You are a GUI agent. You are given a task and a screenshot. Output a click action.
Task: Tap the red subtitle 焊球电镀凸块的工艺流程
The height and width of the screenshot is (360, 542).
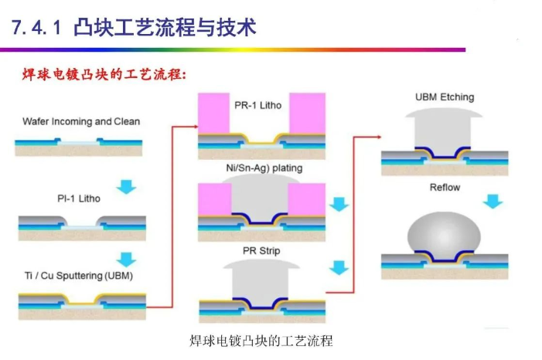tap(104, 75)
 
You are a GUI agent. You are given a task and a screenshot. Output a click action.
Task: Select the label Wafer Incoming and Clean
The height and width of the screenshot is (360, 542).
tap(81, 121)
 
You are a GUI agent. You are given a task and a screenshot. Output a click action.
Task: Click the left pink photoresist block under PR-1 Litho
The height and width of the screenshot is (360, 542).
tap(214, 113)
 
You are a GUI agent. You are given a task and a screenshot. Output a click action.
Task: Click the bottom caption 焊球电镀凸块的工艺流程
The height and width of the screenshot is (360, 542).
tap(261, 341)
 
